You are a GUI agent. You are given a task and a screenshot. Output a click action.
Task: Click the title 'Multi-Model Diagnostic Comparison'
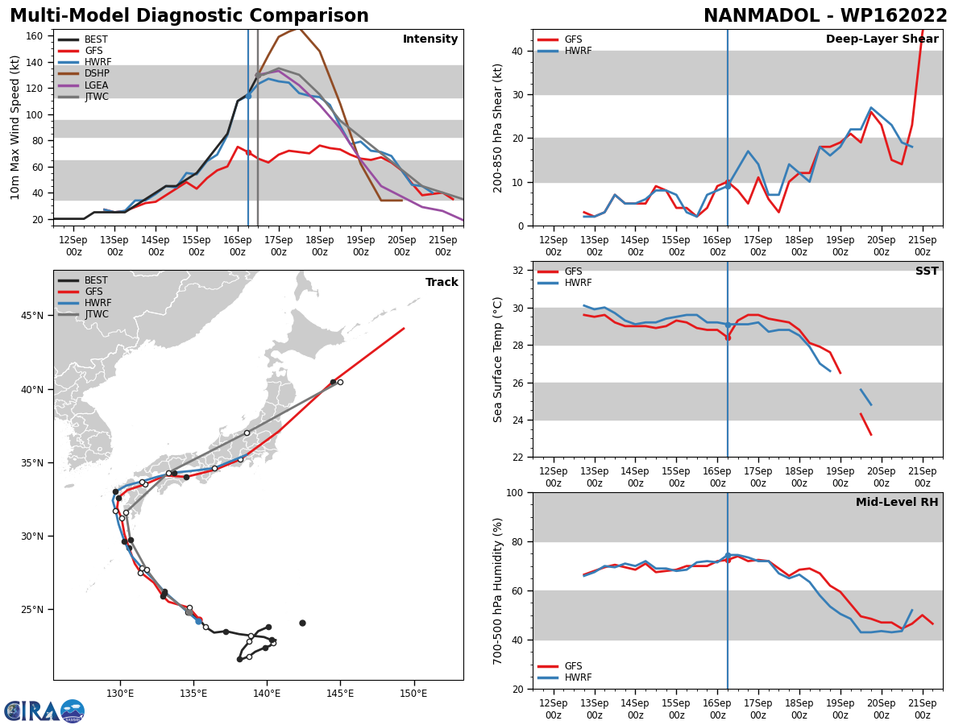pyautogui.click(x=189, y=16)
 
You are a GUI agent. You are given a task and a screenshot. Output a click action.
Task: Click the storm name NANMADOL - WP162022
pyautogui.click(x=825, y=16)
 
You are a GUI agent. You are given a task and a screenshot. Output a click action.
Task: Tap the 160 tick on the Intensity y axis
pyautogui.click(x=35, y=36)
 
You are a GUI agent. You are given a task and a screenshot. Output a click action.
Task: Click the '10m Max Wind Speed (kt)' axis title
pyautogui.click(x=15, y=127)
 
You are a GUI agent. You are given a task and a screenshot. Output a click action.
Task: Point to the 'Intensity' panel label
pyautogui.click(x=430, y=39)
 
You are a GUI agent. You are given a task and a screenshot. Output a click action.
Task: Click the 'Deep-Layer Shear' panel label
pyautogui.click(x=882, y=39)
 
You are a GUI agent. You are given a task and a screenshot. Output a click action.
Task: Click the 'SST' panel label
pyautogui.click(x=927, y=271)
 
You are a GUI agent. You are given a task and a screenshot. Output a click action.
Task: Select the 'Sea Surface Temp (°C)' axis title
pyautogui.click(x=499, y=359)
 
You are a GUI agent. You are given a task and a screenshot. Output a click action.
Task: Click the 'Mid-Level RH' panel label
pyautogui.click(x=897, y=503)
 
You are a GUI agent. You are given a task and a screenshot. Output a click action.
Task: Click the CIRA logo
pyautogui.click(x=44, y=711)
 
